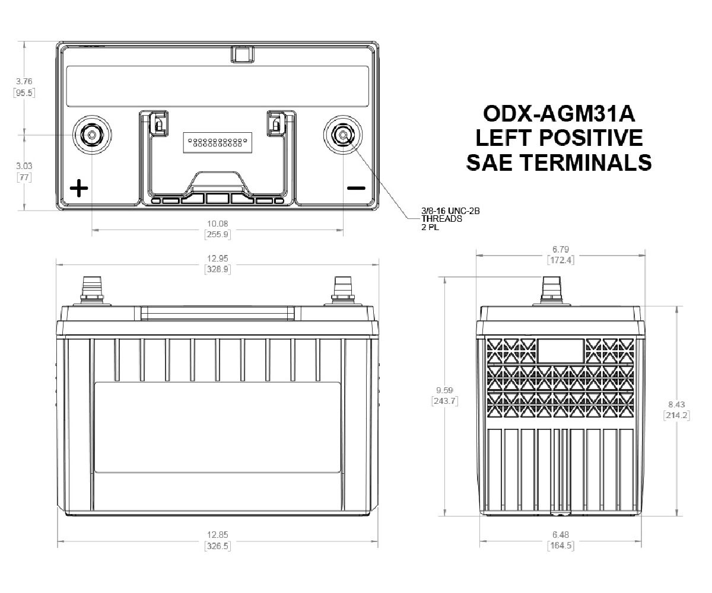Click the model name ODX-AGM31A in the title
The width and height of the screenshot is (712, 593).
tap(560, 113)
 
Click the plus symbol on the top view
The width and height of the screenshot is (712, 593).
tap(79, 189)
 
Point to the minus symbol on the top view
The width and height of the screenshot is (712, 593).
tap(356, 189)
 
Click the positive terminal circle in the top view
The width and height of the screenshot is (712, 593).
tap(92, 135)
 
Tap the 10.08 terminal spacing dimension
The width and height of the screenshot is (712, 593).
tap(217, 224)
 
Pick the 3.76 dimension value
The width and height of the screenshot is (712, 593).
tap(24, 81)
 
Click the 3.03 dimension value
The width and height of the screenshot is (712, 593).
tap(24, 166)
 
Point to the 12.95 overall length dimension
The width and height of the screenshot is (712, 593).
tap(217, 259)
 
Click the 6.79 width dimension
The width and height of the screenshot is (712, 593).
tap(560, 249)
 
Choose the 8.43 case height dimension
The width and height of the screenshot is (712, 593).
tap(676, 404)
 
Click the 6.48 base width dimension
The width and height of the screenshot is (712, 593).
tap(560, 534)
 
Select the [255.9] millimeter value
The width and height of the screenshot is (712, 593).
tap(217, 234)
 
